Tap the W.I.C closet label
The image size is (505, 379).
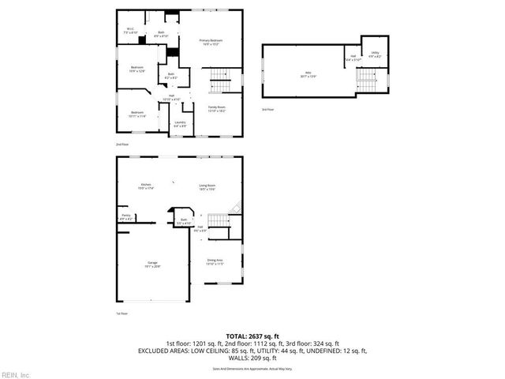[131, 31]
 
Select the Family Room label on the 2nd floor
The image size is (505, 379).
[216, 107]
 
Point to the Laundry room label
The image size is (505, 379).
[180, 124]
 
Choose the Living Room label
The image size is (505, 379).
[207, 186]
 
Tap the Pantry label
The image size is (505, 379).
[125, 216]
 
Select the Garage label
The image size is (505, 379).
[151, 265]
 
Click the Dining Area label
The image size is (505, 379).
[215, 261]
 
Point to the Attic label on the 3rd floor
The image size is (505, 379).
[299, 76]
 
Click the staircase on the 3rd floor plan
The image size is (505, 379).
[367, 79]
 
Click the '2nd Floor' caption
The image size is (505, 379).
[121, 145]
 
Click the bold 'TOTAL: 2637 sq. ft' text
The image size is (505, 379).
[252, 336]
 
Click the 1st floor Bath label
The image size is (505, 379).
[183, 221]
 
